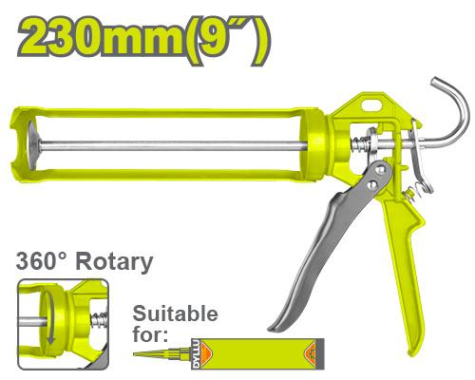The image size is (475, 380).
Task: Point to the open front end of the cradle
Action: [23, 146]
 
